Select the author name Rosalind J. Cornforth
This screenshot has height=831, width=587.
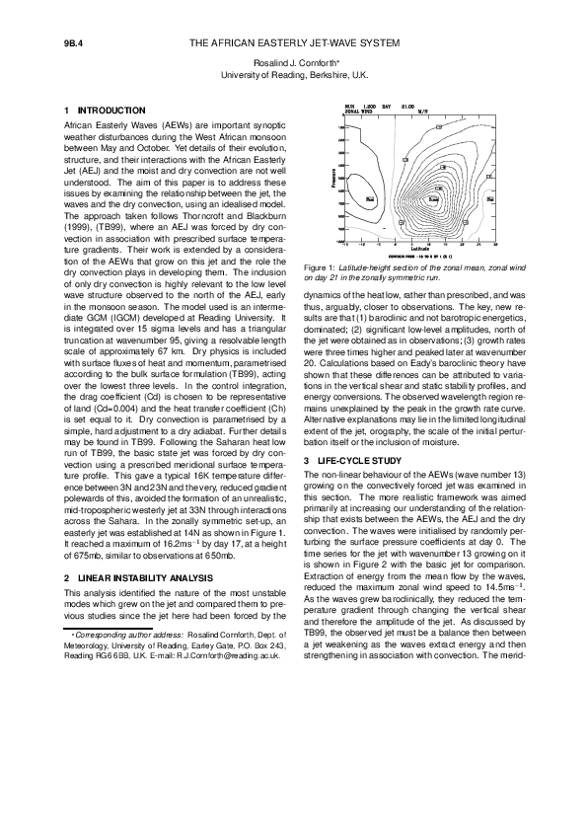tap(293, 62)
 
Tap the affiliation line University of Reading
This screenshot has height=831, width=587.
tap(294, 75)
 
